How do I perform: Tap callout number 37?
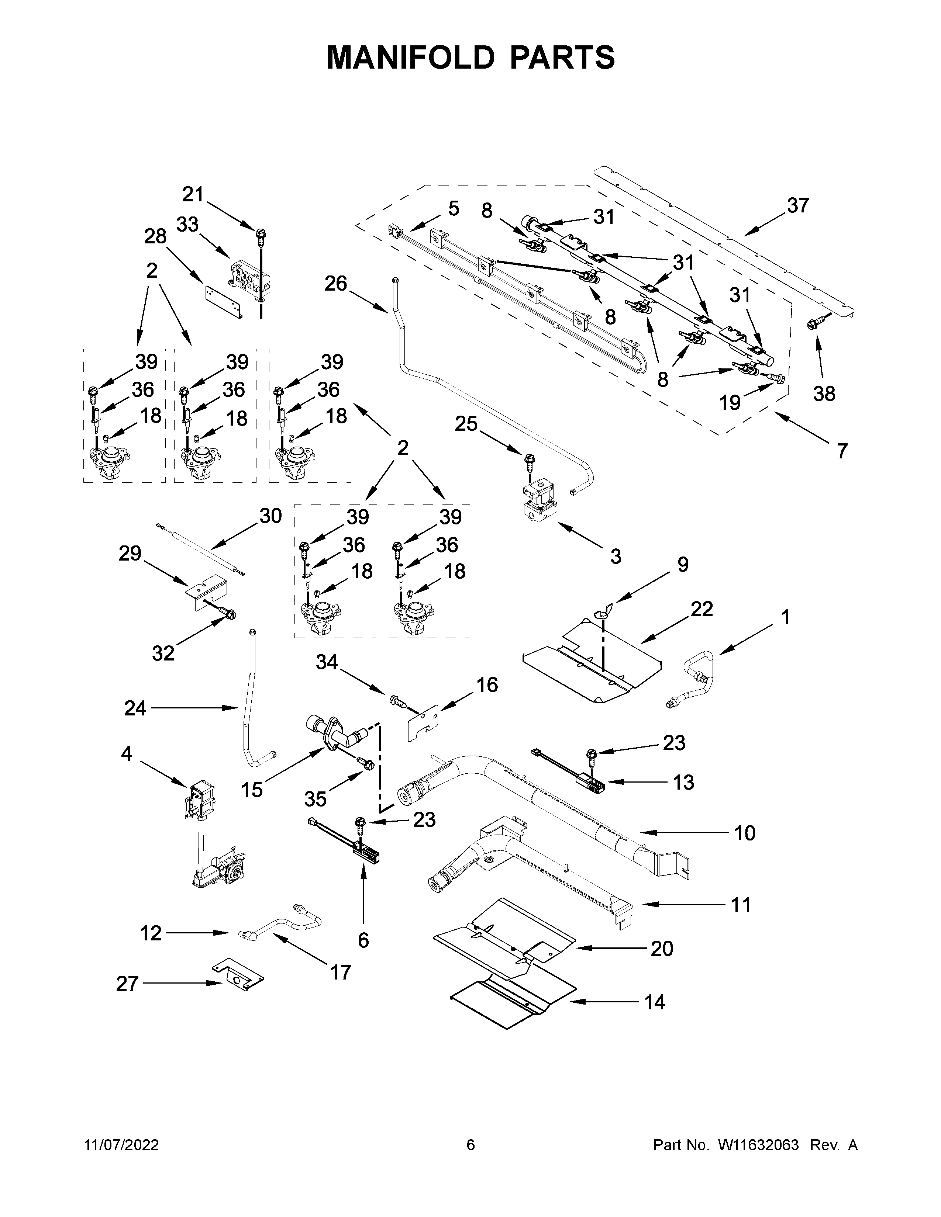coord(798,206)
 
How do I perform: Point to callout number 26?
coord(336,284)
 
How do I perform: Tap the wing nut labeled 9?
coord(606,611)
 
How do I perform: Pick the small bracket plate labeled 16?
coord(424,724)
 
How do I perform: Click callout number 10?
coord(744,849)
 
